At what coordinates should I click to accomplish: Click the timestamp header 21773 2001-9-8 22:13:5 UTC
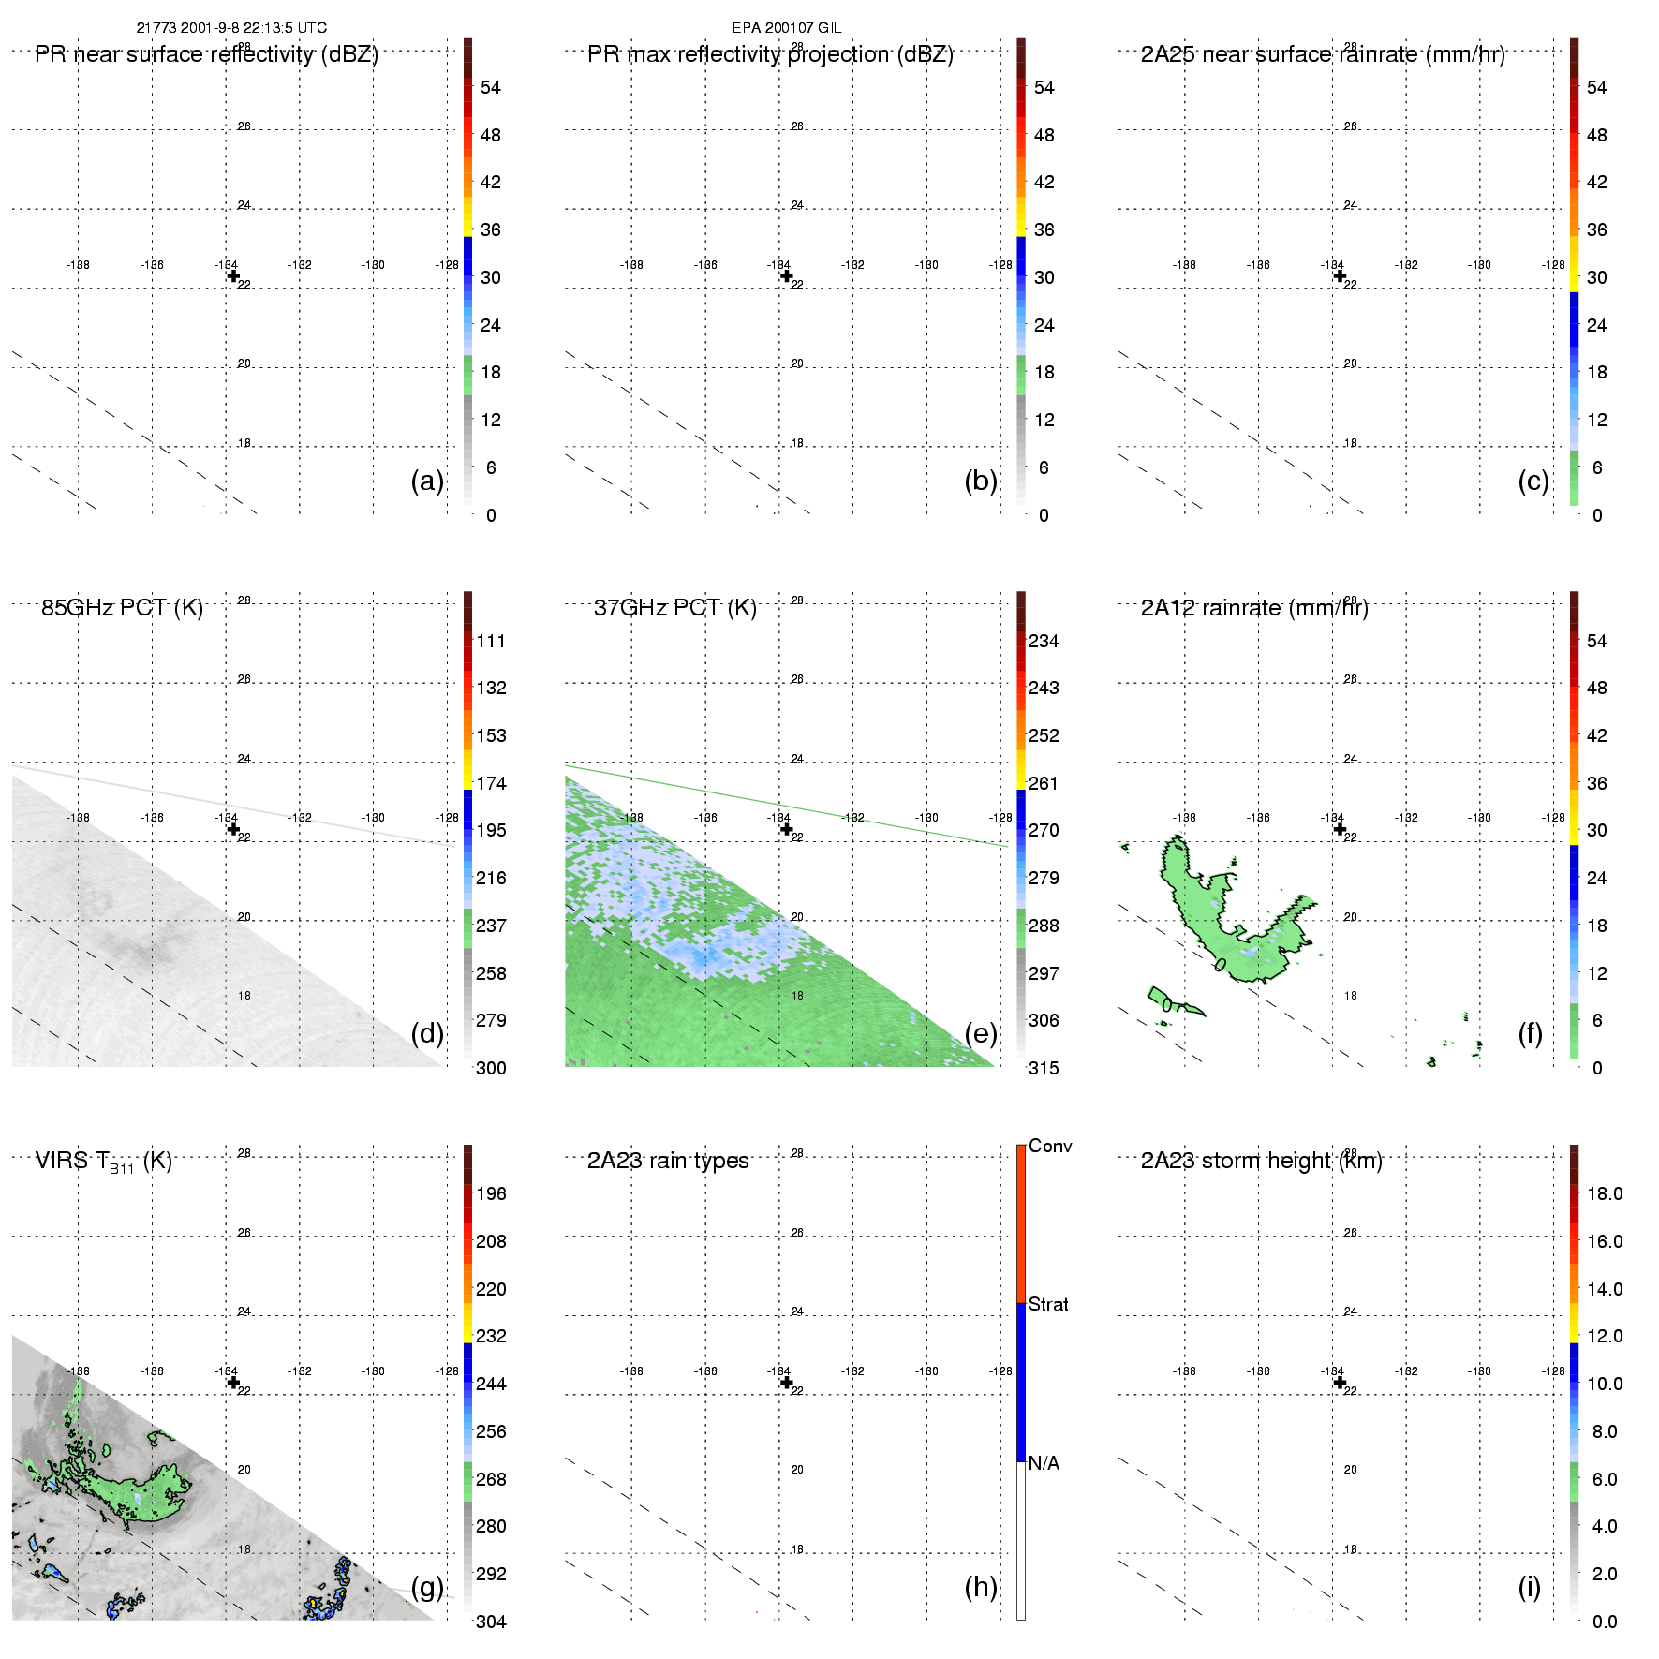coord(231,28)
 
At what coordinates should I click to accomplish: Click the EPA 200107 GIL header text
coord(786,28)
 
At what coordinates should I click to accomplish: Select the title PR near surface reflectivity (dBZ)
coord(206,54)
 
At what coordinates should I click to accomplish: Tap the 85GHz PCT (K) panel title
coord(122,608)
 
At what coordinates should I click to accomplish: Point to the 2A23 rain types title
coord(668,1161)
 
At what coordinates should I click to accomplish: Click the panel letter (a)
coord(427,481)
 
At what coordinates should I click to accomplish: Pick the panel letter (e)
coord(981,1033)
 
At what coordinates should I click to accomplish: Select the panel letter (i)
coord(1529,1587)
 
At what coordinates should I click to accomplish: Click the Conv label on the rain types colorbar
coord(1050,1146)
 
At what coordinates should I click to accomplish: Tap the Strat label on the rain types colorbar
coord(1048,1304)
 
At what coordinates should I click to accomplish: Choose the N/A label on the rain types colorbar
coord(1044,1463)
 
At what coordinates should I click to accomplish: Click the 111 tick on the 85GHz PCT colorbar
coord(491,641)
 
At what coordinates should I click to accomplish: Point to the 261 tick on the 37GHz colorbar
coord(1044,783)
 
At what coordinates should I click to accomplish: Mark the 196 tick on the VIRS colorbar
coord(491,1193)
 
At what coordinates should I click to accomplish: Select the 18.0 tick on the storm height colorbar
coord(1605,1193)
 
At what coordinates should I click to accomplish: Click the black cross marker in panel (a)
coord(233,275)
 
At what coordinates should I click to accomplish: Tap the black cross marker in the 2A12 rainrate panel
coord(1340,829)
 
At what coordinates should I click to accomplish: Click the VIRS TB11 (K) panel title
coord(103,1162)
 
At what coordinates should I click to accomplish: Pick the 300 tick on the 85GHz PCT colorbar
coord(491,1068)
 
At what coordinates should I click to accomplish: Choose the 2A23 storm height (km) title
coord(1261,1161)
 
